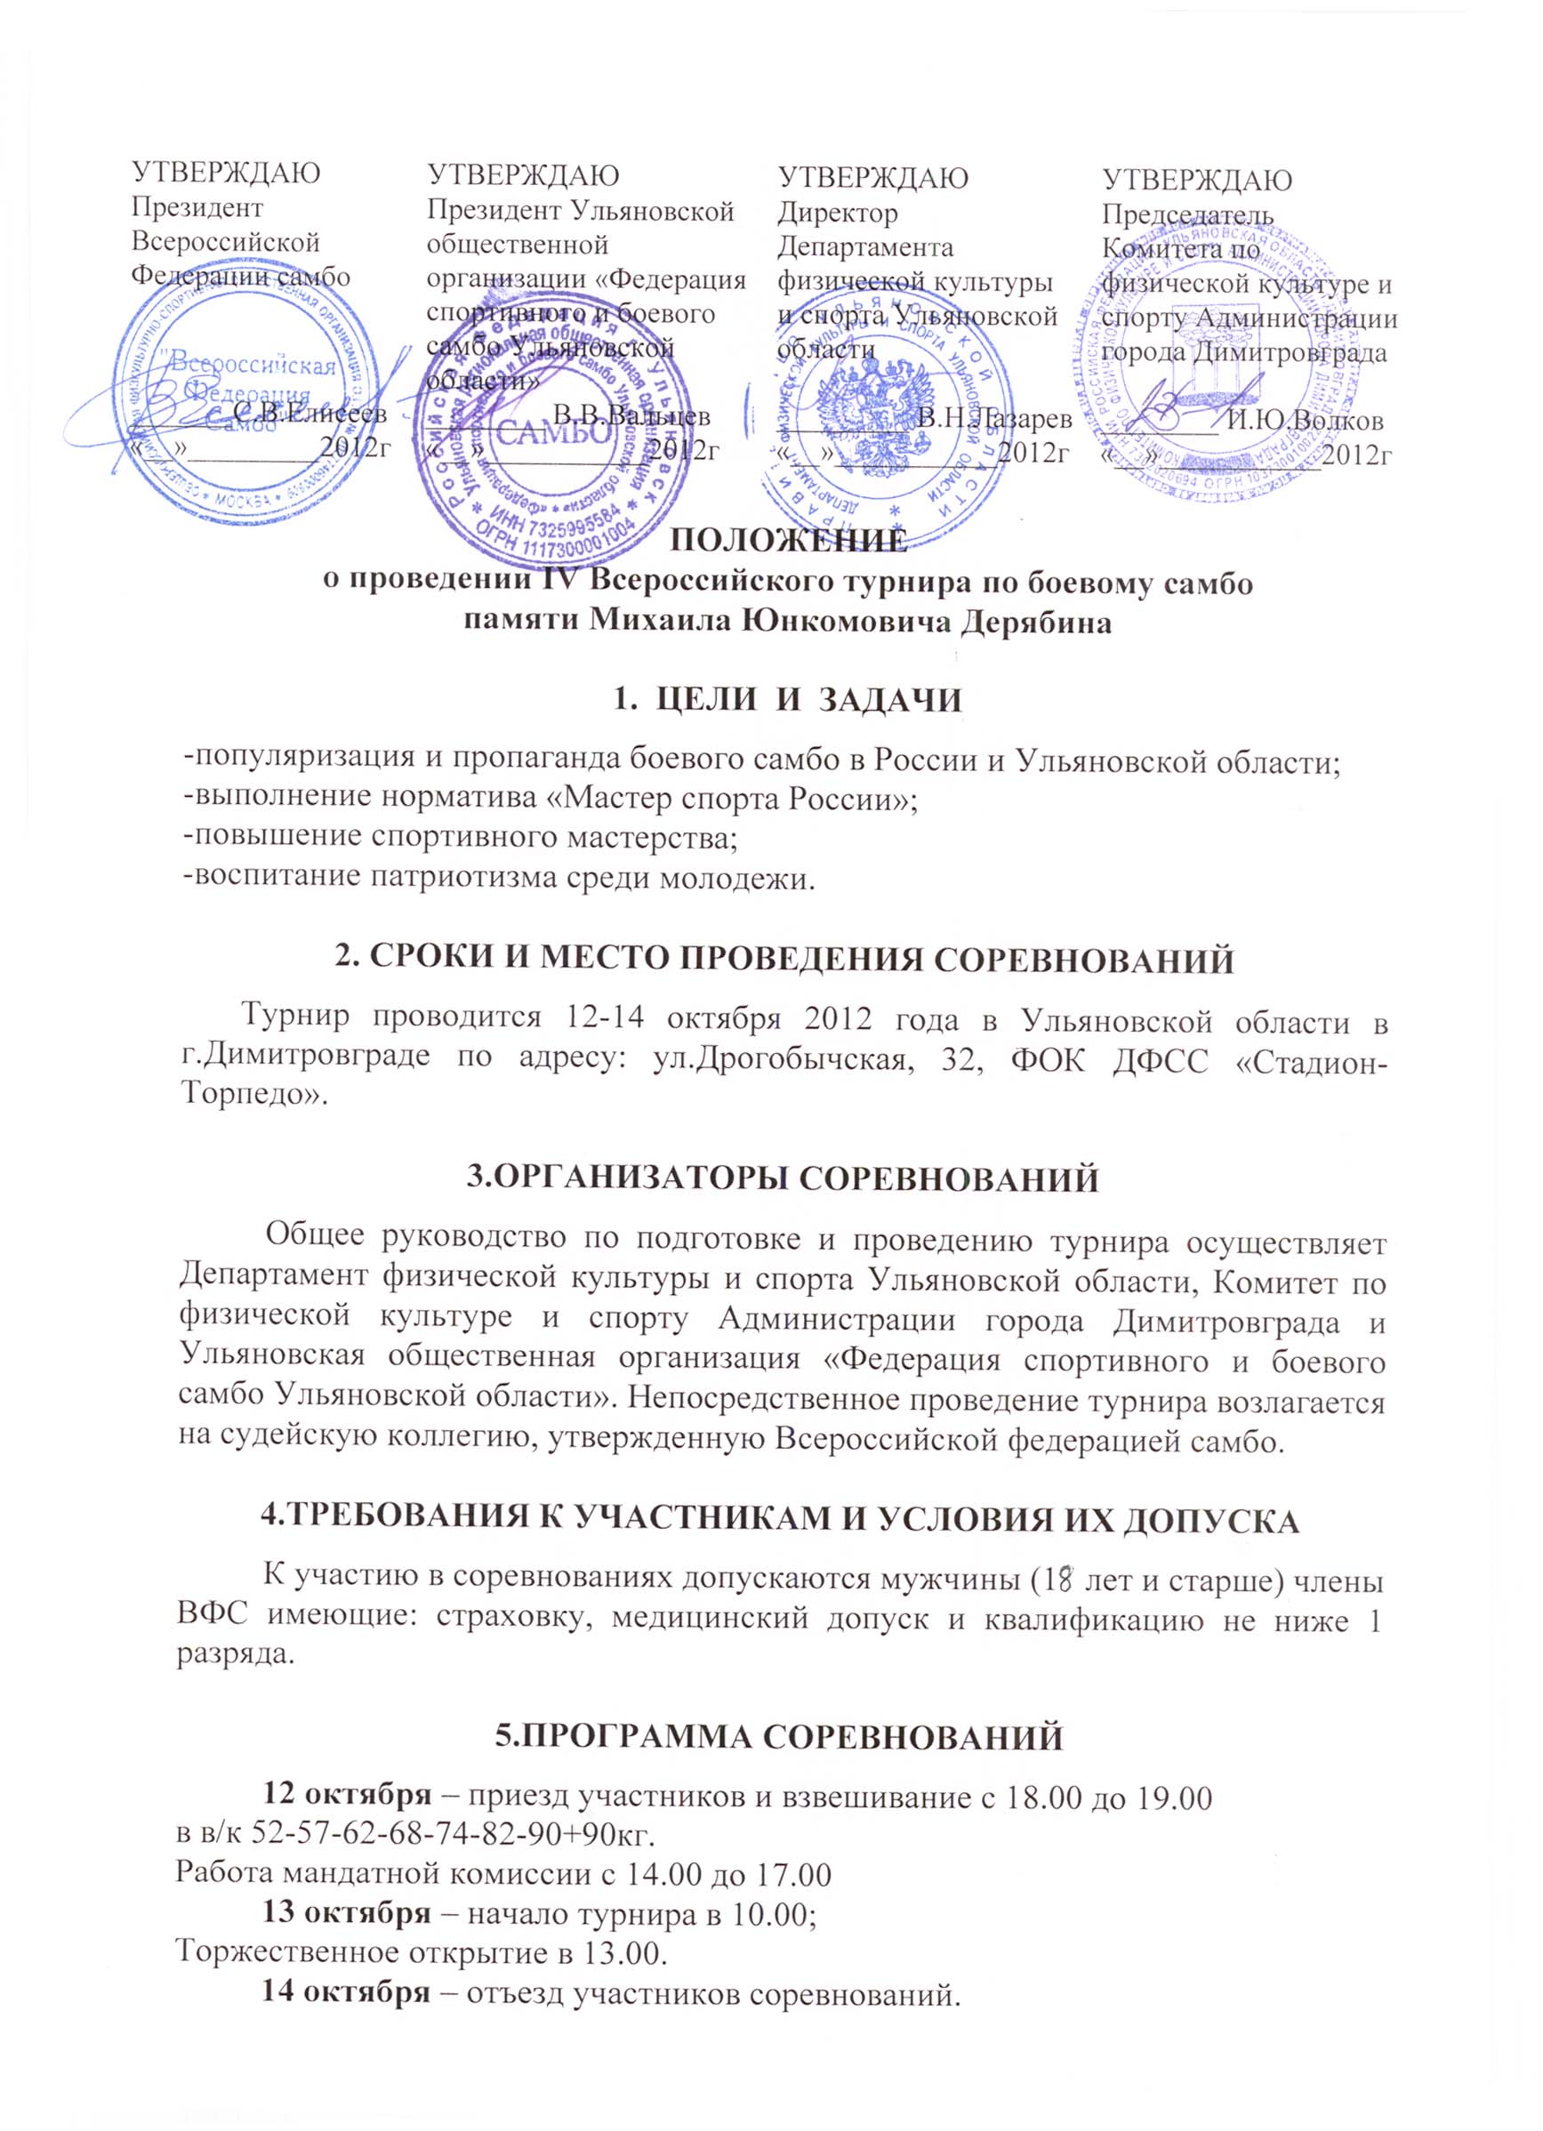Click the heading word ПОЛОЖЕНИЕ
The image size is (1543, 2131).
791,543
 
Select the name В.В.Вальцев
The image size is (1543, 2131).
631,415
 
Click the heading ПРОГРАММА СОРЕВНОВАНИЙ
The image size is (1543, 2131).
779,1736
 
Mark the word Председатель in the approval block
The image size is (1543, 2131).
1188,214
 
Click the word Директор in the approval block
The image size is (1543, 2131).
837,213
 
